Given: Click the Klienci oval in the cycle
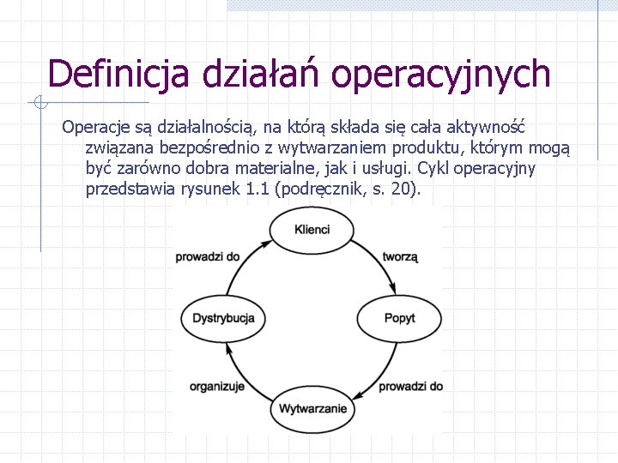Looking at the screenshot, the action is [312, 230].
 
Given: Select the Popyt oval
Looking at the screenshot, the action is [399, 318].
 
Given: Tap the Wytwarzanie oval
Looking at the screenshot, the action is [312, 408].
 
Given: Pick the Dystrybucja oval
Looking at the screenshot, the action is [223, 318].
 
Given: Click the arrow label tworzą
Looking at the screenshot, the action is [400, 256].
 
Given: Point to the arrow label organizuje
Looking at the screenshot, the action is [217, 386].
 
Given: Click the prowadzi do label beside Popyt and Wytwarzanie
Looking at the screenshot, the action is [410, 386].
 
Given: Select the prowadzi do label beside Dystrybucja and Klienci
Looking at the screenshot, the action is [208, 256].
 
